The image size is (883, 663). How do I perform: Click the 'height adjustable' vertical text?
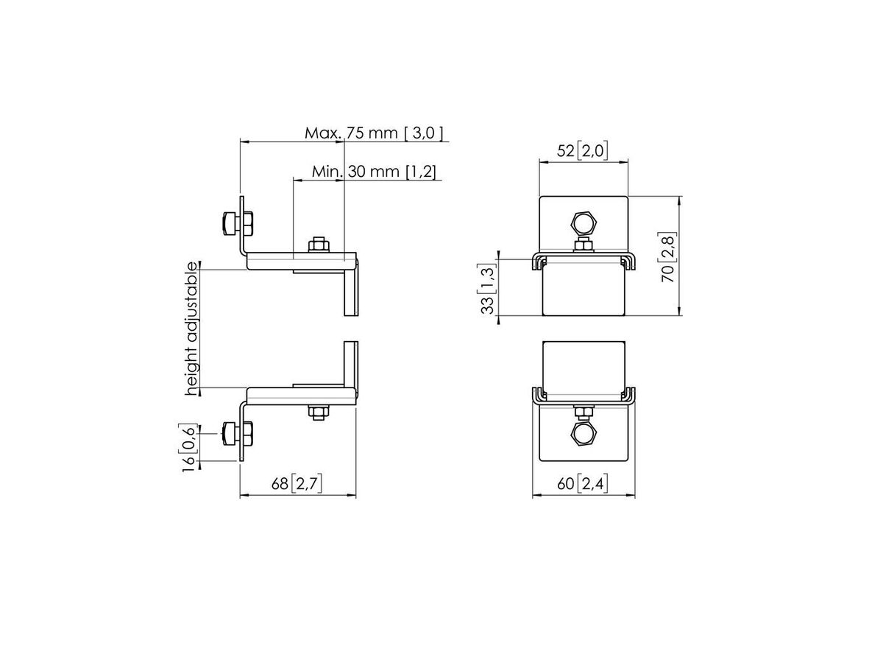[x=193, y=329]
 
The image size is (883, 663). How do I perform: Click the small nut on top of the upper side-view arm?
[x=319, y=244]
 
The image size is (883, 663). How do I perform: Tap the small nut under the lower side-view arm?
[x=319, y=413]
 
